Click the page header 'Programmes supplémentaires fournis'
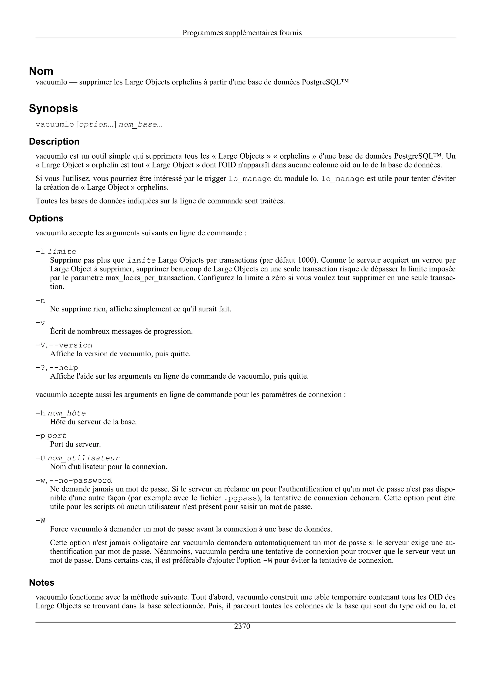[242, 33]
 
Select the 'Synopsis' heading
[53, 108]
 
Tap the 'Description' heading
[54, 141]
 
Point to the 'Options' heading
[46, 218]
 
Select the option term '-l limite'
[56, 252]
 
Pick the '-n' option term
[40, 300]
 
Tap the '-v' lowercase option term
[40, 323]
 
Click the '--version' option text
[71, 345]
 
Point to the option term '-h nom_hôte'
[61, 413]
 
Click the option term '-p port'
[51, 436]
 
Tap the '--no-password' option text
[81, 480]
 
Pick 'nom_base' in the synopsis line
[138, 124]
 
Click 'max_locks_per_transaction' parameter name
[150, 278]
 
